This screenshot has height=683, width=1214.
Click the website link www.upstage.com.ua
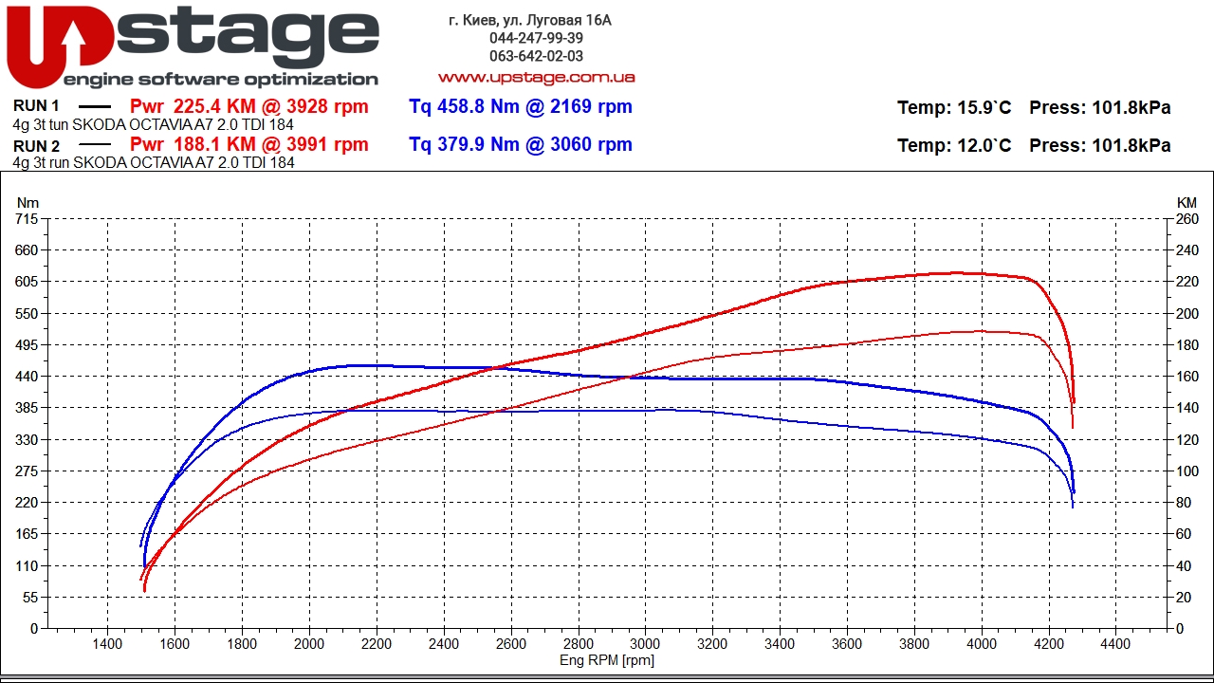pyautogui.click(x=536, y=77)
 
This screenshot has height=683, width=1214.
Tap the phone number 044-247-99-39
pyautogui.click(x=536, y=38)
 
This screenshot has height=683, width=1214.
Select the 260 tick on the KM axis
pyautogui.click(x=1186, y=219)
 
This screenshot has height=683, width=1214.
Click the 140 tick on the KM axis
pyautogui.click(x=1186, y=408)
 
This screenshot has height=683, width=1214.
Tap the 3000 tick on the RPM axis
pyautogui.click(x=645, y=645)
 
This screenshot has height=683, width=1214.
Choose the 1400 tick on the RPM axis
pyautogui.click(x=107, y=645)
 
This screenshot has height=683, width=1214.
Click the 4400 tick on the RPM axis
pyautogui.click(x=1115, y=645)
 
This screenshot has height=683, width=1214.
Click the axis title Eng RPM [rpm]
pyautogui.click(x=607, y=660)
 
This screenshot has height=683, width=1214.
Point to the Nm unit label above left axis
pyautogui.click(x=28, y=203)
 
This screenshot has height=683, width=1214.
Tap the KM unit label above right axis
pyautogui.click(x=1186, y=203)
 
